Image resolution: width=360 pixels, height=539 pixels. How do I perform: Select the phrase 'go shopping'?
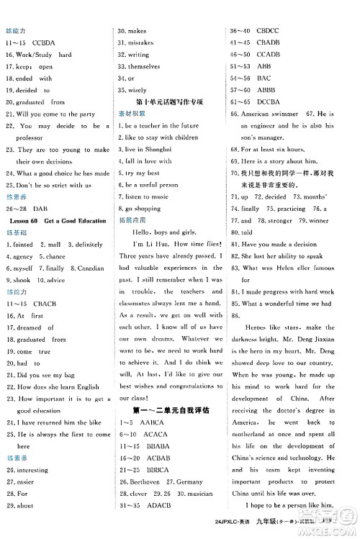(x=144, y=207)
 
